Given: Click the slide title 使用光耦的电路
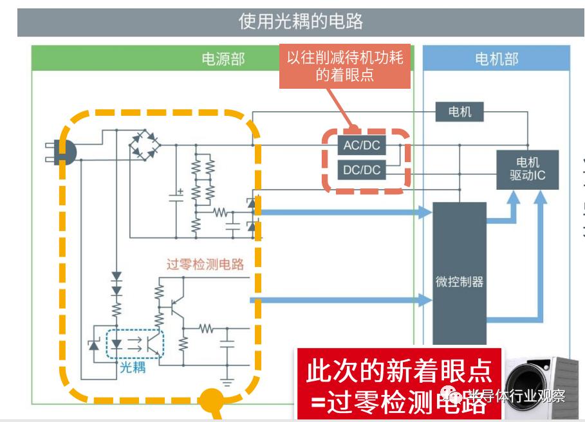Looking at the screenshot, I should pyautogui.click(x=301, y=21).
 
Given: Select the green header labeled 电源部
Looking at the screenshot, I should pyautogui.click(x=223, y=59).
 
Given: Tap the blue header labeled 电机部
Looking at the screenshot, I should pyautogui.click(x=496, y=59).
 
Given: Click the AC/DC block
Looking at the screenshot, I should pyautogui.click(x=362, y=145).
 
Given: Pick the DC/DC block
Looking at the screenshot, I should pyautogui.click(x=362, y=170).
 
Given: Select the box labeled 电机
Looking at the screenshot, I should pyautogui.click(x=460, y=112).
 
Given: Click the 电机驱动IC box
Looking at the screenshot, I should pyautogui.click(x=527, y=169).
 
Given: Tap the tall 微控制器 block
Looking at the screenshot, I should pyautogui.click(x=459, y=281).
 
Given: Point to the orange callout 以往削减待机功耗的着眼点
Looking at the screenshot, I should pyautogui.click(x=344, y=66).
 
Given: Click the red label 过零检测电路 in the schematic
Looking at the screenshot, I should pyautogui.click(x=205, y=264).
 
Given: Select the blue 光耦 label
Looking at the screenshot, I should pyautogui.click(x=133, y=367).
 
